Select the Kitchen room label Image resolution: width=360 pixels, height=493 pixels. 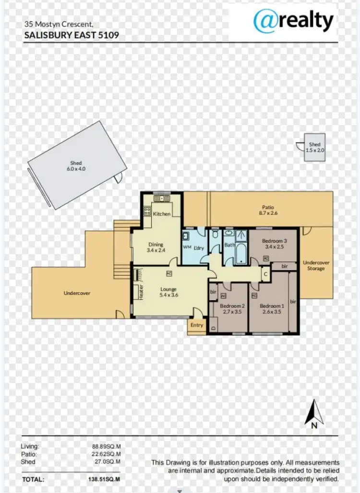(162, 213)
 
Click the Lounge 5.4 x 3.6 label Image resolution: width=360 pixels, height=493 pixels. (168, 292)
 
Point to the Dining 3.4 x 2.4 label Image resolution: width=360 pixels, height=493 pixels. (156, 247)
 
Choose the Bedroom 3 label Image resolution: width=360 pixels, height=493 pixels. (275, 244)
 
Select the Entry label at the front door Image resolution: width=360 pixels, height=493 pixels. (197, 325)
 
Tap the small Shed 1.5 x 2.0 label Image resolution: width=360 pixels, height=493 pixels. (315, 147)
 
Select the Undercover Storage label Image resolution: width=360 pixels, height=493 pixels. (316, 266)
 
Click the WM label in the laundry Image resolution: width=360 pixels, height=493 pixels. (187, 247)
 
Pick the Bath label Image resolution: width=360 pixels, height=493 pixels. (229, 246)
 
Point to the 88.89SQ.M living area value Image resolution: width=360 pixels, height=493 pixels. (106, 446)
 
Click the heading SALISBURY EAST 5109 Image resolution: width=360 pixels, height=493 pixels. (71, 35)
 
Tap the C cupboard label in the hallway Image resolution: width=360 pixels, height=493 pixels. (265, 275)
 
